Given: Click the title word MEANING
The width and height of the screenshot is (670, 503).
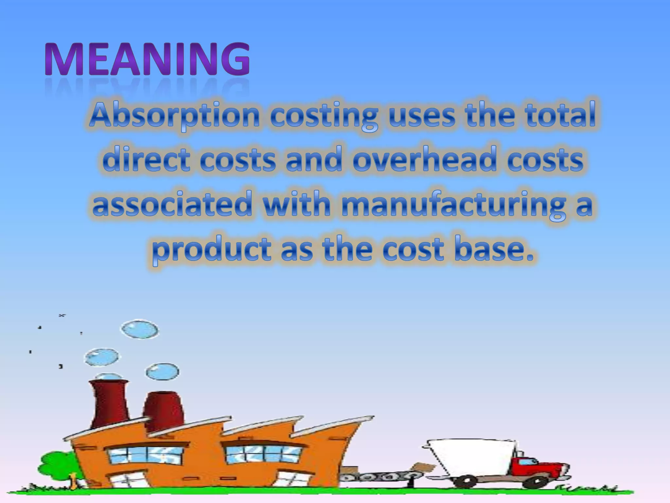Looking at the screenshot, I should [x=147, y=60].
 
